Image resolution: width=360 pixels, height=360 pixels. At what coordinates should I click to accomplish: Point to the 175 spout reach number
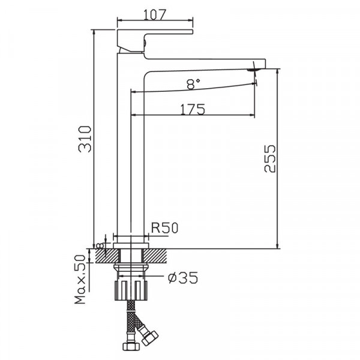tap(193, 109)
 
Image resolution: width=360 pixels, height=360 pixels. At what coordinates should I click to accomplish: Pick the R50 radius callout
tap(163, 228)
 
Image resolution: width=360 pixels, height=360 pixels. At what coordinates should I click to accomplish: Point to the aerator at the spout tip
tap(254, 69)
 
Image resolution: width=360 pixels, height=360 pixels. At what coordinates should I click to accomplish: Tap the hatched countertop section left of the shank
tap(103, 255)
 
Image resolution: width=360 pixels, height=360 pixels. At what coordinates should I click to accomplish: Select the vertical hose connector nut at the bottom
tap(128, 347)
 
